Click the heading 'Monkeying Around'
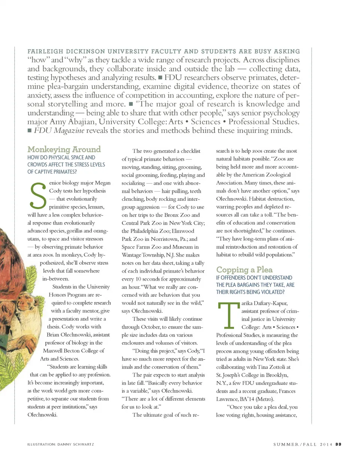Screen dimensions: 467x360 point(64,149)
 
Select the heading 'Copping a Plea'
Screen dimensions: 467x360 point(244,270)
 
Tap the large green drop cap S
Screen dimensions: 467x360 point(37,195)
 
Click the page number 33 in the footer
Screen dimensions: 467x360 point(338,444)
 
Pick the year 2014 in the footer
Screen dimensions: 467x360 point(326,444)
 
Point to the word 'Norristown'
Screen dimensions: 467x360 point(162,239)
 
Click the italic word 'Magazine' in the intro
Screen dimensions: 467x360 point(69,131)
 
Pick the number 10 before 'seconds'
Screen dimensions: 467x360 point(138,279)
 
